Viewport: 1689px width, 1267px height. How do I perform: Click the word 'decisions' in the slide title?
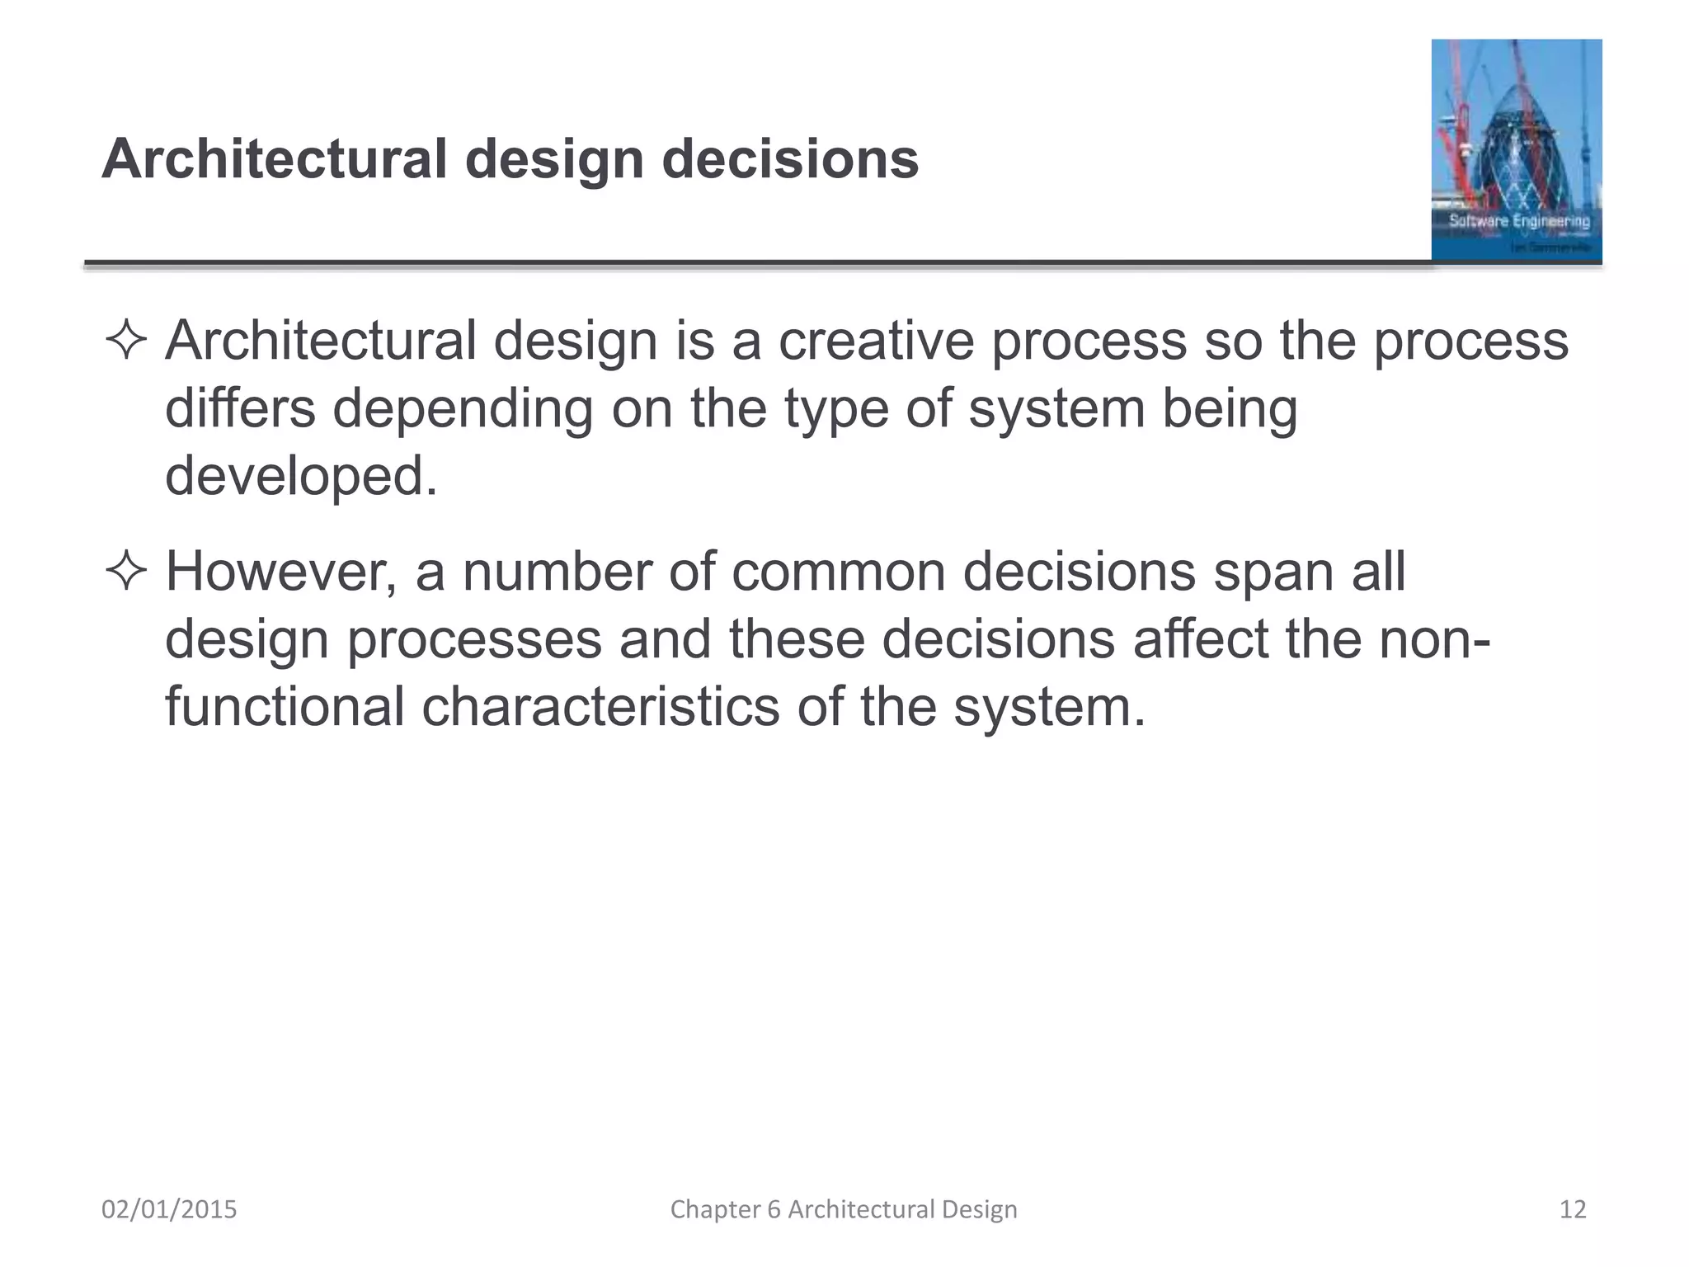pyautogui.click(x=790, y=158)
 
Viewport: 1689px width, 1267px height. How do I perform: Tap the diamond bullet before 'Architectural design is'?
pyautogui.click(x=126, y=341)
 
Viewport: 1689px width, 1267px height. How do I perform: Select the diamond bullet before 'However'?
pyautogui.click(x=126, y=572)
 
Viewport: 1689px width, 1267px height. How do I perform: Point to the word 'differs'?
pyautogui.click(x=240, y=408)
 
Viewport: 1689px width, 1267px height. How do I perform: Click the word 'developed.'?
pyautogui.click(x=301, y=476)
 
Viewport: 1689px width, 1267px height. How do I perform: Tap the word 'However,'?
pyautogui.click(x=281, y=572)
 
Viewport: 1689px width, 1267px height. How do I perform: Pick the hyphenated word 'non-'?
pyautogui.click(x=1433, y=639)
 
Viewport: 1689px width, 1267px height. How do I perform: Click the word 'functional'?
pyautogui.click(x=285, y=707)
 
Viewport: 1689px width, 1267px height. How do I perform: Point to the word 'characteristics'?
pyautogui.click(x=600, y=707)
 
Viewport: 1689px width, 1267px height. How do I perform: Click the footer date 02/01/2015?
pyautogui.click(x=169, y=1209)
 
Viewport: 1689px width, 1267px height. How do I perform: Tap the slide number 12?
pyautogui.click(x=1573, y=1209)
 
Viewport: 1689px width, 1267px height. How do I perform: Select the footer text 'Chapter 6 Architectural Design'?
pyautogui.click(x=844, y=1209)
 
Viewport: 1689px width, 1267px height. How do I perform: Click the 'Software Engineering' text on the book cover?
pyautogui.click(x=1519, y=220)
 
